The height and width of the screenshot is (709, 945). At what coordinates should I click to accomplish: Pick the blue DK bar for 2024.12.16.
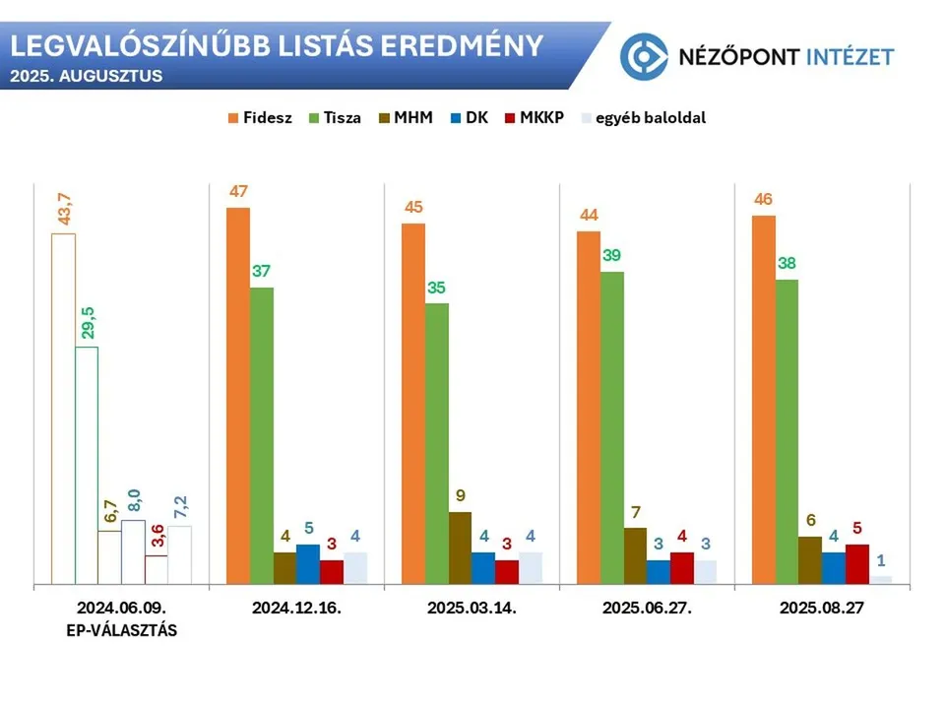pyautogui.click(x=308, y=564)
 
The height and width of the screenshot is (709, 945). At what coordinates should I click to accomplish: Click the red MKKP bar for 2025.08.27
pyautogui.click(x=857, y=564)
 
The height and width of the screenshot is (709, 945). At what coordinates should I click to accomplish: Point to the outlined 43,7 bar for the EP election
pyautogui.click(x=63, y=409)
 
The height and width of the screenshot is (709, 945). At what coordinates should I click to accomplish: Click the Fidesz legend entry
pyautogui.click(x=260, y=117)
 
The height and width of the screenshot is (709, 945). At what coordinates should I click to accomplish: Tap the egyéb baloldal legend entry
pyautogui.click(x=644, y=117)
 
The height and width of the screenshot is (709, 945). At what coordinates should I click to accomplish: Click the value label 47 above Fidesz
pyautogui.click(x=239, y=192)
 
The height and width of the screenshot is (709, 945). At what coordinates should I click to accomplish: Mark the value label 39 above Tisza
pyautogui.click(x=612, y=255)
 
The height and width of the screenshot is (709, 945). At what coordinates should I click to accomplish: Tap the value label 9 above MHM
pyautogui.click(x=460, y=496)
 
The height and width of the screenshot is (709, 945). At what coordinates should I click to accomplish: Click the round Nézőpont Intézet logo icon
pyautogui.click(x=644, y=55)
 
